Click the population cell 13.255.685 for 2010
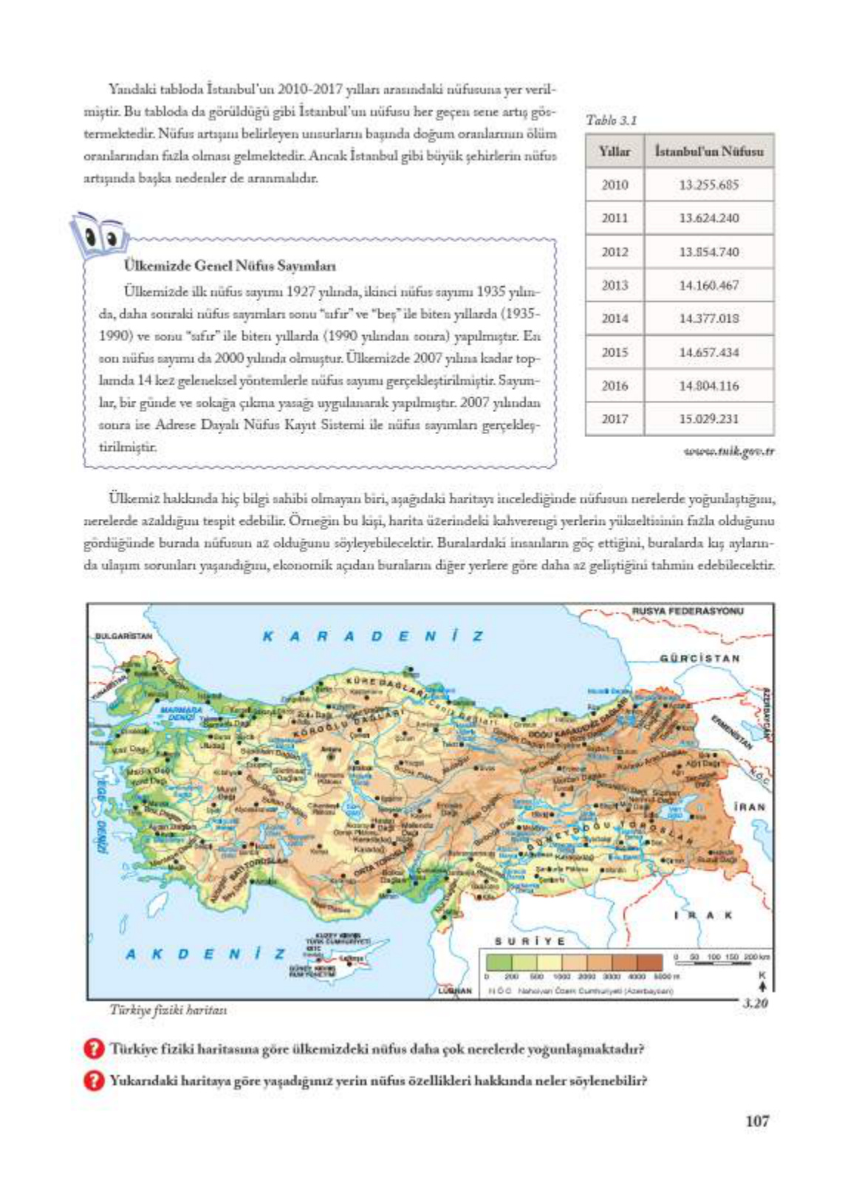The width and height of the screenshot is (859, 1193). (708, 185)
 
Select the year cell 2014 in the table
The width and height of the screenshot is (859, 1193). (615, 318)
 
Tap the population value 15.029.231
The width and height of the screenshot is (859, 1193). (708, 419)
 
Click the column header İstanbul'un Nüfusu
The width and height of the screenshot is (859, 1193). (708, 151)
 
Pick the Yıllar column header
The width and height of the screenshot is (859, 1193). (615, 151)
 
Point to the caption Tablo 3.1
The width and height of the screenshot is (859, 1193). (611, 120)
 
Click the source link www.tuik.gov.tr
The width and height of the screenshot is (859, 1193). (728, 451)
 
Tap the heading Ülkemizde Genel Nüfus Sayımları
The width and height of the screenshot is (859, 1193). (230, 266)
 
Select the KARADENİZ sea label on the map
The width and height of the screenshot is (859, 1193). (373, 636)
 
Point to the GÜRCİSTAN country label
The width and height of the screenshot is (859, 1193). (699, 658)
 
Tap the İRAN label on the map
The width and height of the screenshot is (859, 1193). (750, 807)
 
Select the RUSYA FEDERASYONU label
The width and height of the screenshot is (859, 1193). (688, 611)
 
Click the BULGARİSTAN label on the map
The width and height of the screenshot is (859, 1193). (123, 635)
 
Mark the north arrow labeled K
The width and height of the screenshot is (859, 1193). (762, 983)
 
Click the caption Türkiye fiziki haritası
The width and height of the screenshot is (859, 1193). (168, 1009)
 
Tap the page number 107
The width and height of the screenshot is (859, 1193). (757, 1120)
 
